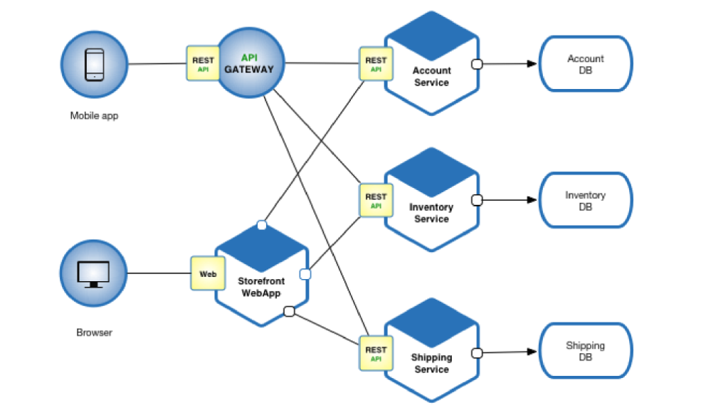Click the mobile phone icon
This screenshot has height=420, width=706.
(94, 64)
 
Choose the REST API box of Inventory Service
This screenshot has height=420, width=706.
(376, 201)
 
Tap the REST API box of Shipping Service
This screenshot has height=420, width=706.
(376, 354)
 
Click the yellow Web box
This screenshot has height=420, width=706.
(207, 273)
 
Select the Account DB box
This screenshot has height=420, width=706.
(585, 64)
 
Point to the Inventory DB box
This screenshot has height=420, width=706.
(585, 201)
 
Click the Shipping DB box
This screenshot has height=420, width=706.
(585, 351)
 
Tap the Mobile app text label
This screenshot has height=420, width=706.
(94, 115)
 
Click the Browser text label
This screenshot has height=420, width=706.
(94, 332)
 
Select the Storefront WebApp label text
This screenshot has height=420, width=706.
(261, 287)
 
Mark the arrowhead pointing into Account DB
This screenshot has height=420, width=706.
(531, 63)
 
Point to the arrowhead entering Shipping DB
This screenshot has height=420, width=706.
(531, 352)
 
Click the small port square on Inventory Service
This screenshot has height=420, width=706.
(477, 201)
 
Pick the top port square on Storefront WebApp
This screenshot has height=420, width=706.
(261, 226)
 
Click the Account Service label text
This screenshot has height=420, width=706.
(431, 76)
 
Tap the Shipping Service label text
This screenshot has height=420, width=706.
(431, 363)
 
